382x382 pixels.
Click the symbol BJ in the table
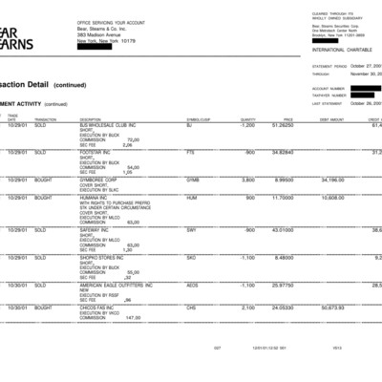pos(189,125)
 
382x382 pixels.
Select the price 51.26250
pos(281,125)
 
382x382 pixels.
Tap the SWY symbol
pos(191,229)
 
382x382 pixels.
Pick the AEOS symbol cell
pos(192,284)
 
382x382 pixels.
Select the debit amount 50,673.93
pos(332,308)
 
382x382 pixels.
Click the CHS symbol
pos(191,308)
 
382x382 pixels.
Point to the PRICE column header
pos(287,119)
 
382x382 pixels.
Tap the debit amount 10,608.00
pos(332,197)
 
